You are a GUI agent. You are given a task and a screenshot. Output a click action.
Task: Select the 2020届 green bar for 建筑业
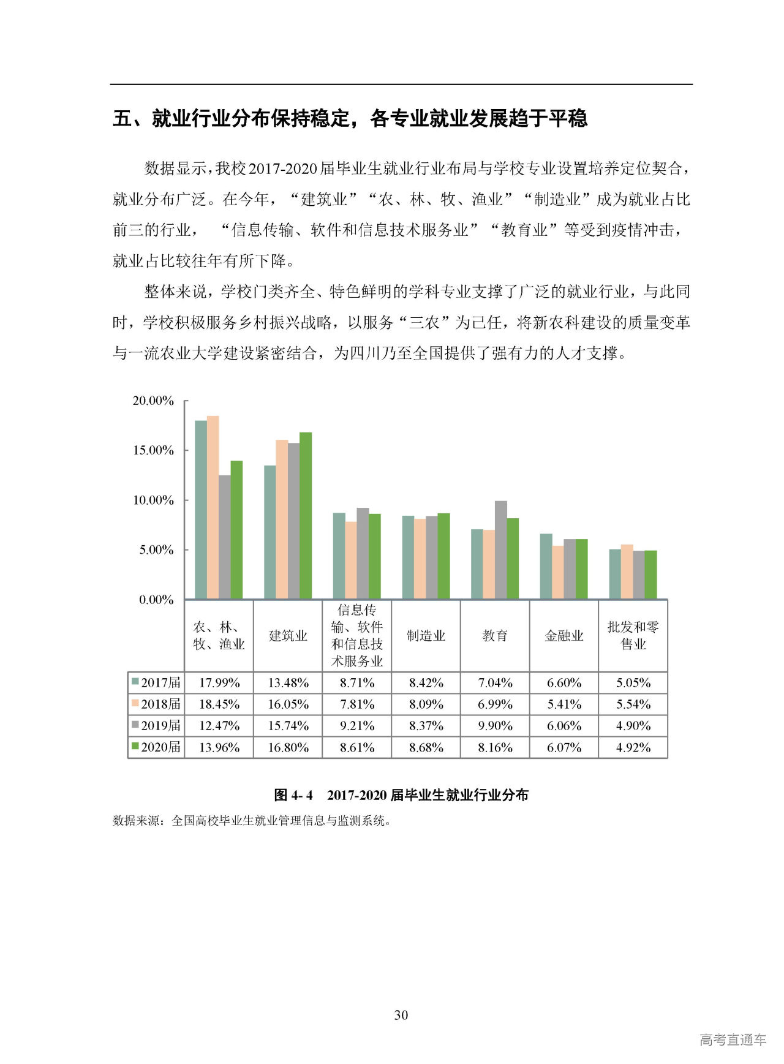[306, 516]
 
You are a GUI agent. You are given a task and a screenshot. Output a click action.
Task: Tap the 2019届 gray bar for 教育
[501, 550]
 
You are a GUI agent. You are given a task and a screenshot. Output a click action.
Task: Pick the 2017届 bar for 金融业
[546, 566]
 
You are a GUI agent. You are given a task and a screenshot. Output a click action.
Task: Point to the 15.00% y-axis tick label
[153, 450]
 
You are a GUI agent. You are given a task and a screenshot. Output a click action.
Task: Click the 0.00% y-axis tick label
[156, 600]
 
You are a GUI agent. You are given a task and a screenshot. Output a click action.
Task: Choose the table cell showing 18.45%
[219, 704]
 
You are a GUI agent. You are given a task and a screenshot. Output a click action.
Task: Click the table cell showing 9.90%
[495, 726]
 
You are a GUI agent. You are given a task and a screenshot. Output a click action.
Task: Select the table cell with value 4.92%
[633, 747]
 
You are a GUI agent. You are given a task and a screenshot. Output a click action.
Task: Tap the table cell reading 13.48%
[288, 683]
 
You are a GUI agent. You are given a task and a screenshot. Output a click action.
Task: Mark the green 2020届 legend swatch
[135, 747]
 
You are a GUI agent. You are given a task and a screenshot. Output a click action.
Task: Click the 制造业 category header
[426, 636]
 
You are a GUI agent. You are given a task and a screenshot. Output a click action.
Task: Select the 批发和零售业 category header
[633, 636]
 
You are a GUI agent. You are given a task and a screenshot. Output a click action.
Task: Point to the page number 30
[401, 1015]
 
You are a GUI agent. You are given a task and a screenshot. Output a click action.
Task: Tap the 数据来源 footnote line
[251, 821]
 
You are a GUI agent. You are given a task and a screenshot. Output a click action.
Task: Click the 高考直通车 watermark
[733, 1039]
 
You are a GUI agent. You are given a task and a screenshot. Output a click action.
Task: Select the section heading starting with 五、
[350, 118]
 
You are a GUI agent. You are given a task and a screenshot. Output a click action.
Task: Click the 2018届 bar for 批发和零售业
[627, 572]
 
